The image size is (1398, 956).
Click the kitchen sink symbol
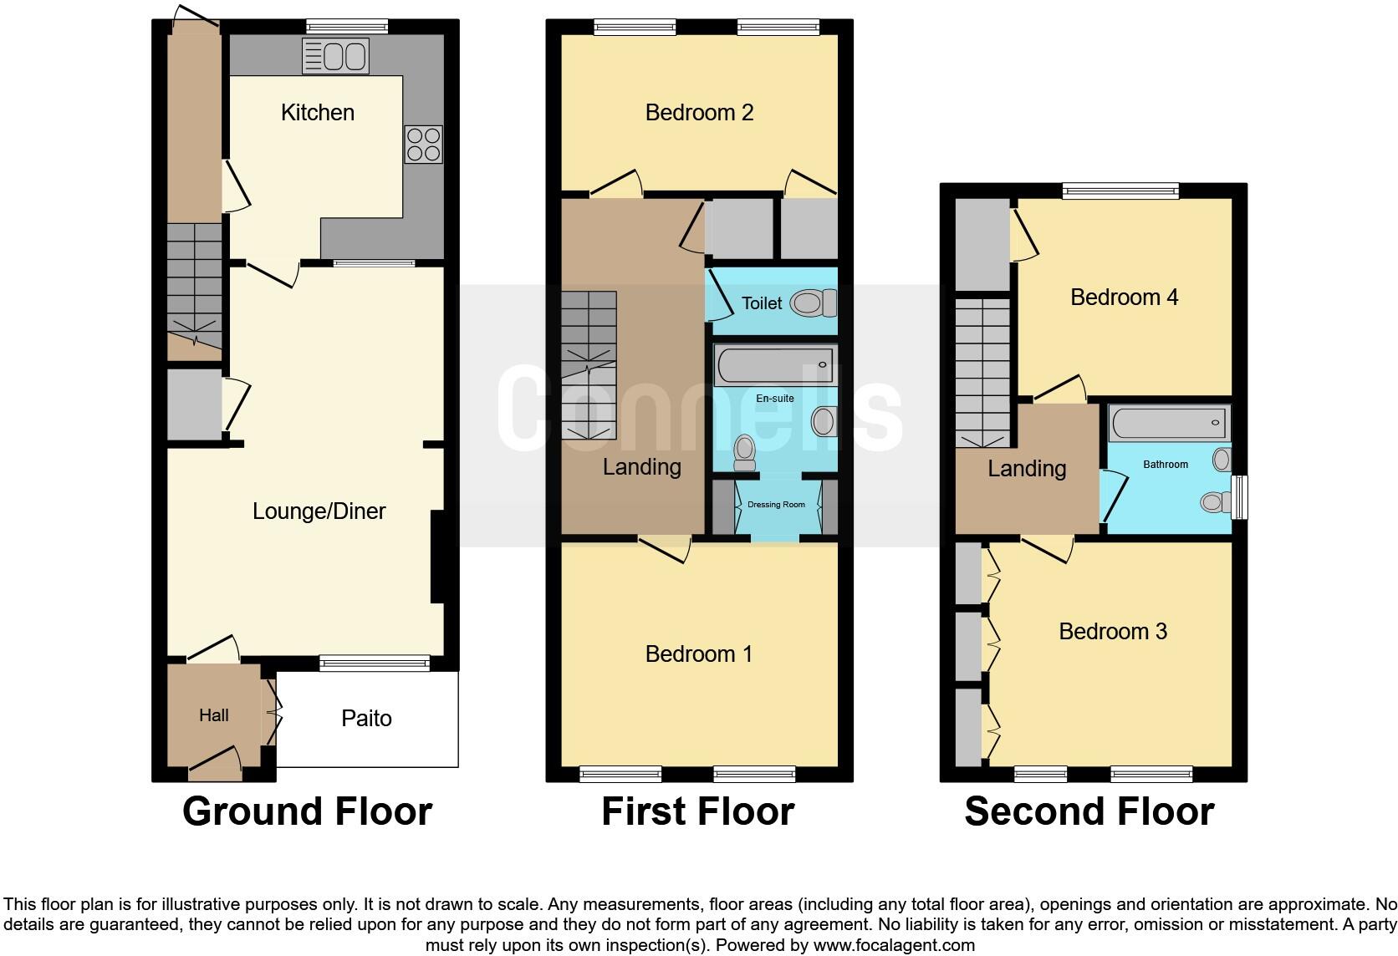pos(335,57)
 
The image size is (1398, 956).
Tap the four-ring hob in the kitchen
pos(423,144)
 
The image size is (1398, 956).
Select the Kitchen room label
pos(317,113)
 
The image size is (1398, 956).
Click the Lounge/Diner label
pos(319,511)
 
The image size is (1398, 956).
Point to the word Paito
pos(366,719)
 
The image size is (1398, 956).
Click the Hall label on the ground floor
pos(214,715)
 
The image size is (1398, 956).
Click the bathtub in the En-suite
pos(774,366)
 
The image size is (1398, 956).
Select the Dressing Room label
pos(776,505)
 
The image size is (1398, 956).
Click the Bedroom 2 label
pos(699,113)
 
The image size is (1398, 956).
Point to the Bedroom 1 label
pos(699,654)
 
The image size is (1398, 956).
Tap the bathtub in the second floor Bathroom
pos(1169,424)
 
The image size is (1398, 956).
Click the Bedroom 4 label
pos(1124,297)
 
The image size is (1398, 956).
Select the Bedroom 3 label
pos(1112,632)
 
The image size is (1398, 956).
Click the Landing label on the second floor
pos(1027,469)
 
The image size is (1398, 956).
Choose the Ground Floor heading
pos(307,811)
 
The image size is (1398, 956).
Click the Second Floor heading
pos(1089,811)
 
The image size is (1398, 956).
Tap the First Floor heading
pos(697,811)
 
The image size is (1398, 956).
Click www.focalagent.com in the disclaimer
pos(894,946)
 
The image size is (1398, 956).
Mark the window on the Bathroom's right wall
pos(1241,497)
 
